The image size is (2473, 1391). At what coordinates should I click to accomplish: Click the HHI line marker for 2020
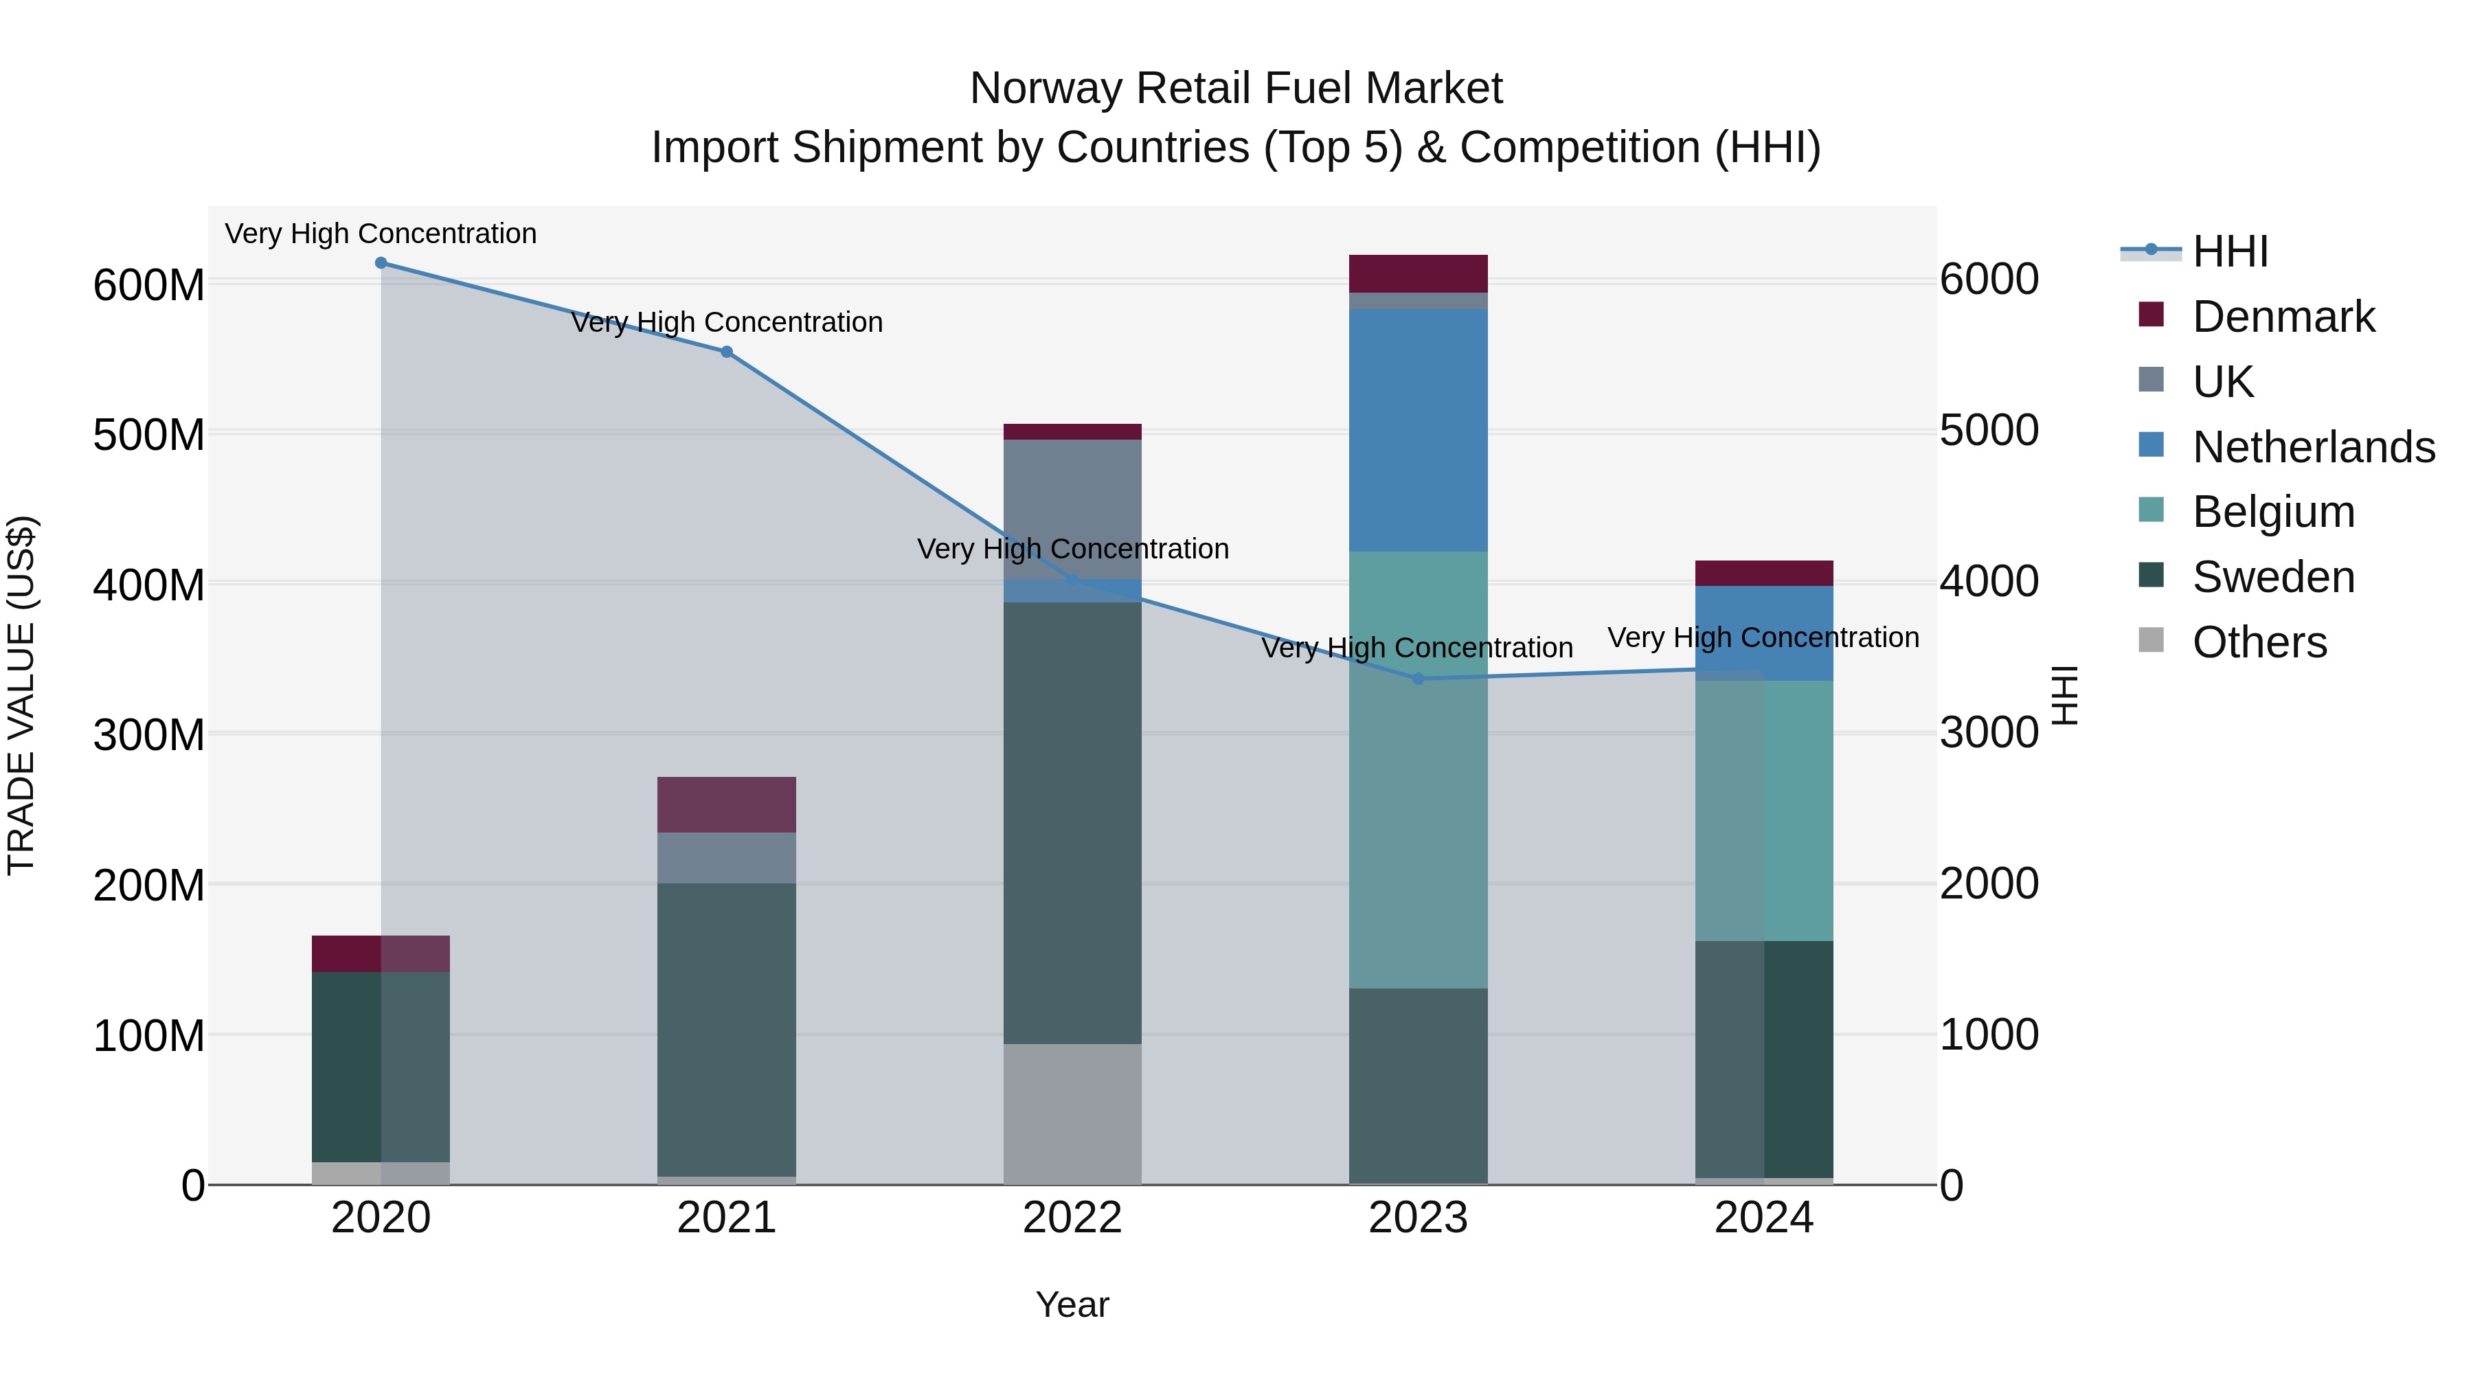381,263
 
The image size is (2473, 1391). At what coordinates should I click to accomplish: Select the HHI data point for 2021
727,352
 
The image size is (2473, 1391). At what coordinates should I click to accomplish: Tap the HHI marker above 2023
1418,679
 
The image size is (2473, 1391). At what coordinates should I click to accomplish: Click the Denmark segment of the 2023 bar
1418,273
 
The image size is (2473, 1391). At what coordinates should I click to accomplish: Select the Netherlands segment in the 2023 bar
1418,430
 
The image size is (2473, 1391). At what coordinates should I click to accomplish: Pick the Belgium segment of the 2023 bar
1418,768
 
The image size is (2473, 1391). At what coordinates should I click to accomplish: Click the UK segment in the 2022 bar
1072,509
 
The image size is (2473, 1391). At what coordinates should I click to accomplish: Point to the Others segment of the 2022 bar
1072,1113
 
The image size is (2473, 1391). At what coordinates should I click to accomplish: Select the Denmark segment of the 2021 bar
727,804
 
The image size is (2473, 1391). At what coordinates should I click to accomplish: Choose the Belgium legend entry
2273,512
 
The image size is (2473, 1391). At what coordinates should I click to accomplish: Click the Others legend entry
2259,642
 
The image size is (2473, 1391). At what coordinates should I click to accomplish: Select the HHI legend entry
2230,251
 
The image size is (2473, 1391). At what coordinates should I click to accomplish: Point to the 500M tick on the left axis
149,435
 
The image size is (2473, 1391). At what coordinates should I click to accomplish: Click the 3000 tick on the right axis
1988,732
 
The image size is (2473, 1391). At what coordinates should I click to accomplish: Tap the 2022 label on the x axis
1072,1218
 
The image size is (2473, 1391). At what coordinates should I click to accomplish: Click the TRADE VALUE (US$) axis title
21,695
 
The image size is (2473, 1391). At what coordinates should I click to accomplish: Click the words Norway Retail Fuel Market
1236,89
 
